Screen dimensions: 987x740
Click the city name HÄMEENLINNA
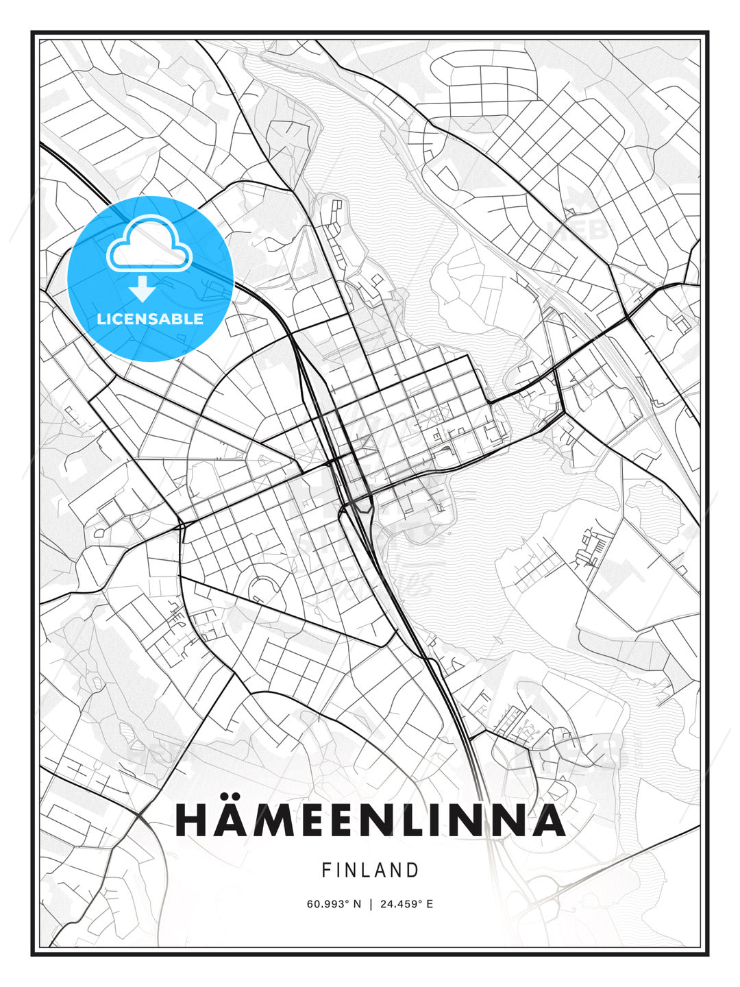click(x=370, y=820)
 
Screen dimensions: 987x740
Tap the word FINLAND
click(x=370, y=870)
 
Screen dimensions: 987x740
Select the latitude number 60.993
click(x=328, y=904)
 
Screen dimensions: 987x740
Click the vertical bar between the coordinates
click(x=370, y=904)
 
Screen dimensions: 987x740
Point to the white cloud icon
click(x=149, y=244)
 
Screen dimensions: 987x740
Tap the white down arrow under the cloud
click(x=143, y=289)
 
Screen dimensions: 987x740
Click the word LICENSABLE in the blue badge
click(x=150, y=319)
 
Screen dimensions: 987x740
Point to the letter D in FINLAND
click(x=412, y=870)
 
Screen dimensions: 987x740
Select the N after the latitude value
click(x=357, y=904)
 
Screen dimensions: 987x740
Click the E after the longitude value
click(x=430, y=904)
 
